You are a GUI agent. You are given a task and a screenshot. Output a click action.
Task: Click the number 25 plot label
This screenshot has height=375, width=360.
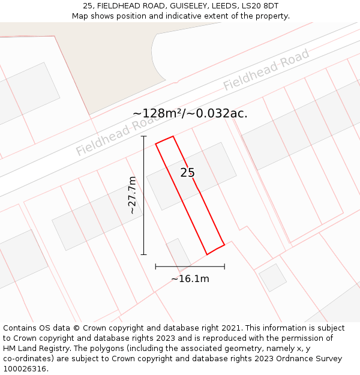(187, 173)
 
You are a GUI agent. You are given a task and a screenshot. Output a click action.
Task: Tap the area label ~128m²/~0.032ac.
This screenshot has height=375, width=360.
(190, 113)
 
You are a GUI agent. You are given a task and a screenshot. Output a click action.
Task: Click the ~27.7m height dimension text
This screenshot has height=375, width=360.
(133, 195)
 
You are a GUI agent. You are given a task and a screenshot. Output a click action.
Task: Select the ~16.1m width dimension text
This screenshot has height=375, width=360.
(190, 278)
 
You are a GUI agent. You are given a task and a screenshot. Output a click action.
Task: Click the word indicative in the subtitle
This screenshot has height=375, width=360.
(177, 16)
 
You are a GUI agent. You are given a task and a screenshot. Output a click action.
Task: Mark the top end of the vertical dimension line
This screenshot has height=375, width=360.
(144, 136)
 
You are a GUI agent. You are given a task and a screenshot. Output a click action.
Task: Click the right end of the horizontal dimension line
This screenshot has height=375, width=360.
(224, 266)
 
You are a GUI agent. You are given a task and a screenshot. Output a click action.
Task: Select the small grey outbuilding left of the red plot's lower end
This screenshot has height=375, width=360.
(178, 253)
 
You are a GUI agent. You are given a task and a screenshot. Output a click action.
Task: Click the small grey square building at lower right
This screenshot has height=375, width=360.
(272, 278)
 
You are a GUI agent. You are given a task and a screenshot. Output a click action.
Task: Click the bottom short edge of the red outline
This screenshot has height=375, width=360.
(215, 249)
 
